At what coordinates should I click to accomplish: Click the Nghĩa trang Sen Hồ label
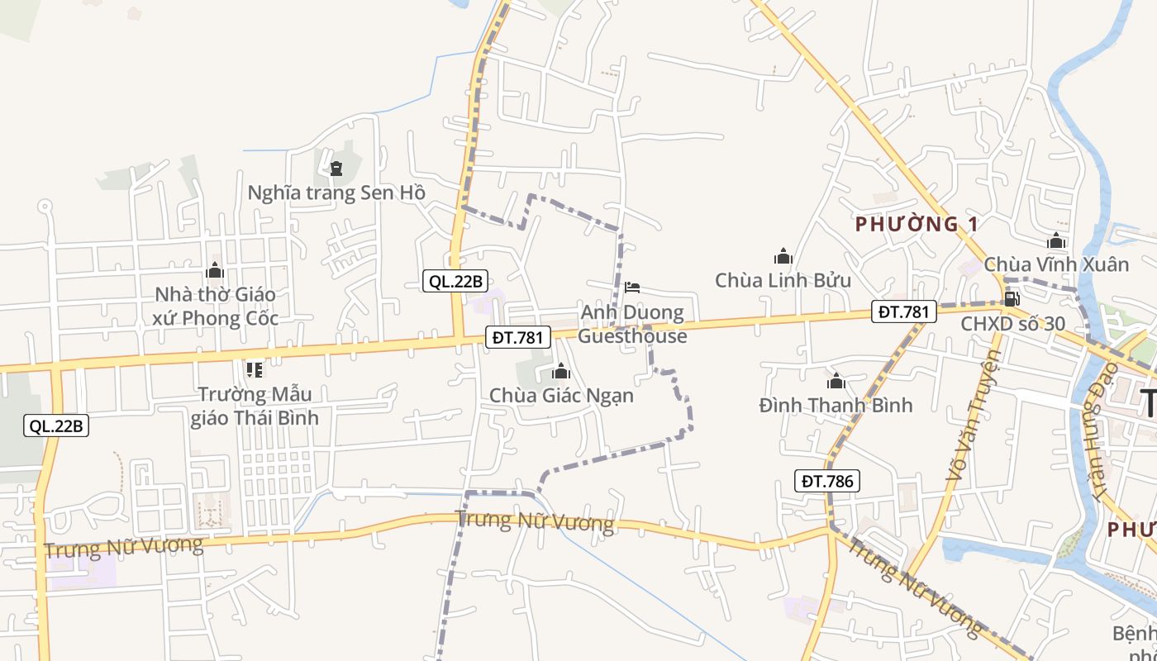point(336,193)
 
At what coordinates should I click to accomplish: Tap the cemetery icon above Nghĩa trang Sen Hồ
point(336,169)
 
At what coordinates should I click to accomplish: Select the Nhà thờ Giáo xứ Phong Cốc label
point(216,306)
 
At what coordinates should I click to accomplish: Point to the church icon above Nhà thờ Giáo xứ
point(215,270)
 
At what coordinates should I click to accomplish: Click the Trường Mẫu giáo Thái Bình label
point(255,405)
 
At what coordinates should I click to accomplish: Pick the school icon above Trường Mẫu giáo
point(255,369)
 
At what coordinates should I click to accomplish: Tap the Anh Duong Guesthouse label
point(632,324)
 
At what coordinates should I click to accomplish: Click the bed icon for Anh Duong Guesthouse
point(632,288)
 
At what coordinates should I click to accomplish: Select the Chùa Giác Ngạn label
point(561,395)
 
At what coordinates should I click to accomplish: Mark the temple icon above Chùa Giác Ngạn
point(561,371)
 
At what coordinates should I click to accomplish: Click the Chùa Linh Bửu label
point(783,280)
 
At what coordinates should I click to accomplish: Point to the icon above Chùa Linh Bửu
point(783,256)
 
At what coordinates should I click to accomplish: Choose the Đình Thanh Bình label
point(836,405)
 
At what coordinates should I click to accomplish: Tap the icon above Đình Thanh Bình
point(836,381)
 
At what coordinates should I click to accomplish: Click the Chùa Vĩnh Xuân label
point(1055,264)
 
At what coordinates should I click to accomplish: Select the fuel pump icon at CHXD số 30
point(1011,298)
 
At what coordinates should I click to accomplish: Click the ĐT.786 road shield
point(827,481)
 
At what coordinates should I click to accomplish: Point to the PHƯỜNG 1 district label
point(917,224)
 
